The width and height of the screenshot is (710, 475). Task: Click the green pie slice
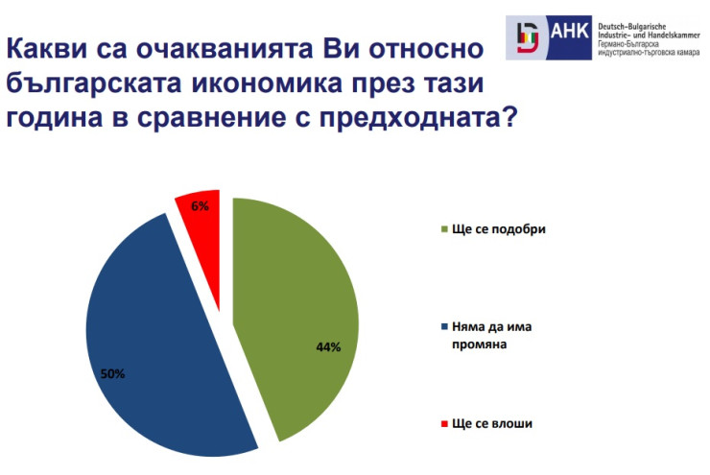(297, 307)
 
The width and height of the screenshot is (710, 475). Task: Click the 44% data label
(328, 346)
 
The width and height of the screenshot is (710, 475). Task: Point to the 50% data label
(112, 373)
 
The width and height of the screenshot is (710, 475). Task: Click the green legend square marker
(443, 231)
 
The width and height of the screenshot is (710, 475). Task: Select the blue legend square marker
(443, 327)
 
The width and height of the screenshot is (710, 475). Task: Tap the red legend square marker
(443, 423)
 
